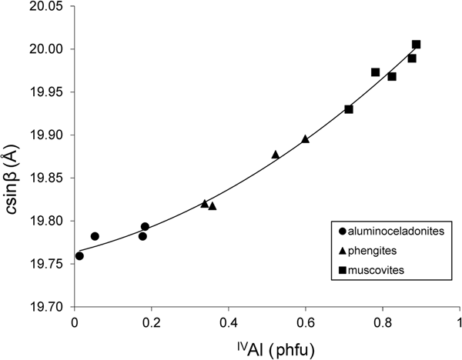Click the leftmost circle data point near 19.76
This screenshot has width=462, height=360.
[x=79, y=255]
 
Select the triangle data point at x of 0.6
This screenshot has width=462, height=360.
[x=306, y=139]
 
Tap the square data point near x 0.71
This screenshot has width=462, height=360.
[x=349, y=109]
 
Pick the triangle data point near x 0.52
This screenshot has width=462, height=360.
[x=276, y=155]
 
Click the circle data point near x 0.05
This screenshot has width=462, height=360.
[x=95, y=236]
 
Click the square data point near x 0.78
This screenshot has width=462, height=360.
[x=376, y=72]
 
